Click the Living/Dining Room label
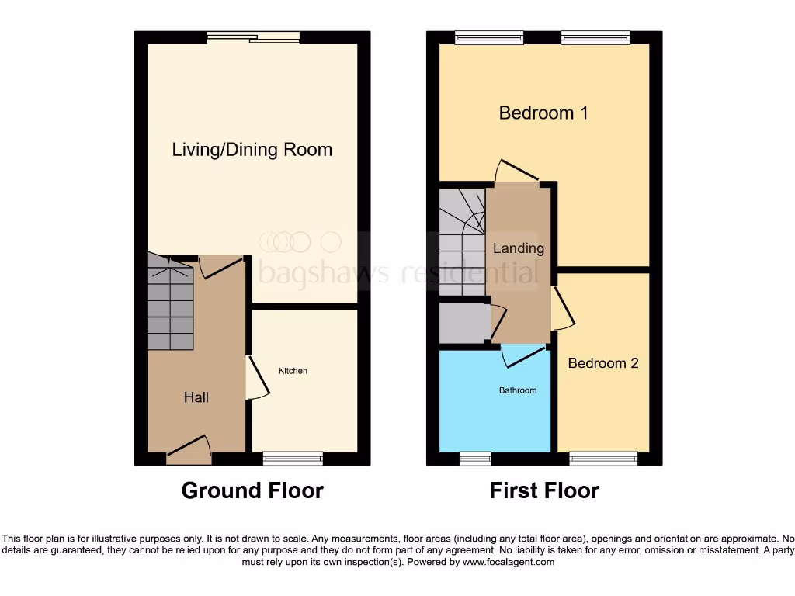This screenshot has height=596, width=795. pyautogui.click(x=252, y=150)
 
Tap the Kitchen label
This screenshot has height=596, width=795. pyautogui.click(x=293, y=371)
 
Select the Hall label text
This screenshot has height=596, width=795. pyautogui.click(x=196, y=397)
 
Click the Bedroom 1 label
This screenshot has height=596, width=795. pyautogui.click(x=543, y=113)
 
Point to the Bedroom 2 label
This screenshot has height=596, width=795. pyautogui.click(x=603, y=363)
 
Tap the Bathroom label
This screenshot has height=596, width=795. pyautogui.click(x=517, y=390)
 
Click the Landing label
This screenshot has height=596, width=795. pyautogui.click(x=519, y=248)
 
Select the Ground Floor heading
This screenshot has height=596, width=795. pyautogui.click(x=252, y=490)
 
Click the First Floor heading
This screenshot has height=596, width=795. pyautogui.click(x=544, y=490)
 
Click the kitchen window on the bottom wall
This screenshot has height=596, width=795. pyautogui.click(x=293, y=459)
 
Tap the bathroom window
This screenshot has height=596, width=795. pyautogui.click(x=475, y=459)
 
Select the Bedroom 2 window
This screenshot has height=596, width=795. pyautogui.click(x=603, y=459)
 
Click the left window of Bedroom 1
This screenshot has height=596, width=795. pyautogui.click(x=488, y=37)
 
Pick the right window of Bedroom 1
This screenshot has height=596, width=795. pyautogui.click(x=595, y=37)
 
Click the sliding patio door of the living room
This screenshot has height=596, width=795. pyautogui.click(x=253, y=37)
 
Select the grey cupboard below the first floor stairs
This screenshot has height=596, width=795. pyautogui.click(x=463, y=323)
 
